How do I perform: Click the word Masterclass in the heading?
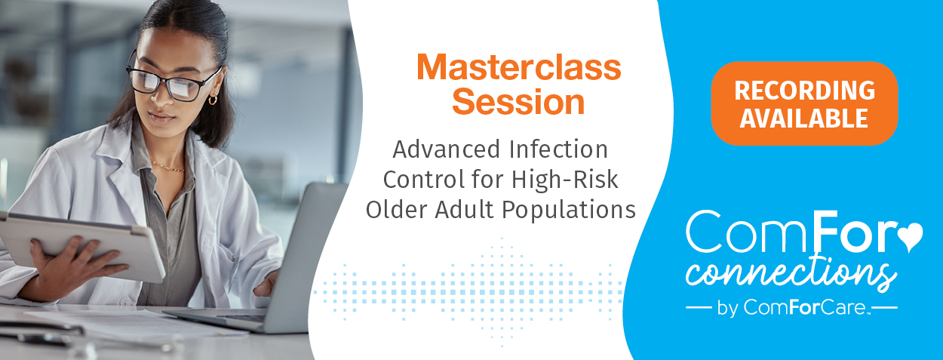pos(519,67)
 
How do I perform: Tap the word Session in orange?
pos(518,102)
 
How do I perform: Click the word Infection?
pos(558,149)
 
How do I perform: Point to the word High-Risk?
pos(564,180)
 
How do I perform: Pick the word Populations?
pos(569,210)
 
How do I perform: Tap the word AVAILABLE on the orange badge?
pos(803,118)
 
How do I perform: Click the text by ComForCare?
pos(791,307)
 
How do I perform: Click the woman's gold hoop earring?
pos(213,100)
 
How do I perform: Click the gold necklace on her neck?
pos(167,167)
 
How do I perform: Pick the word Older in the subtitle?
pos(397,210)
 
